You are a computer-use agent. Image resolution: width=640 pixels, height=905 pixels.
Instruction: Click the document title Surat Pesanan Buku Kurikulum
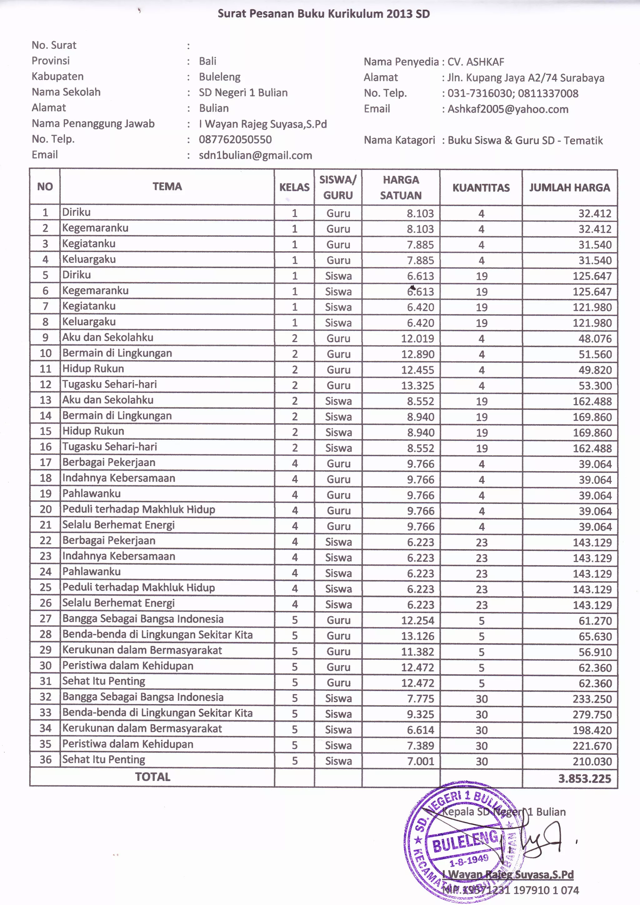pyautogui.click(x=323, y=14)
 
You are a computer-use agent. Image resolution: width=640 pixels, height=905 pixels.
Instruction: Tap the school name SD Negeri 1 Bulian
pyautogui.click(x=243, y=92)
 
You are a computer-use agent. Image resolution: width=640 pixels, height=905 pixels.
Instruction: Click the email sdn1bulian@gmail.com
pyautogui.click(x=255, y=155)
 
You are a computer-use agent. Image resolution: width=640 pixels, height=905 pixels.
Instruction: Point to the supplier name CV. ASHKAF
pyautogui.click(x=475, y=62)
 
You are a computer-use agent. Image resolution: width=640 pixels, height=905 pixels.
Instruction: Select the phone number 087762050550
pyautogui.click(x=235, y=140)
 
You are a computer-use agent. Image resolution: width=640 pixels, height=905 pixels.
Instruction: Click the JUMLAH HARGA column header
pyautogui.click(x=569, y=187)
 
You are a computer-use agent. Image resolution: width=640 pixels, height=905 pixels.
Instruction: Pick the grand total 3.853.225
pyautogui.click(x=584, y=778)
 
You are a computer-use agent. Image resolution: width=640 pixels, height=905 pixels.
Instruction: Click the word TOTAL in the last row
pyautogui.click(x=152, y=777)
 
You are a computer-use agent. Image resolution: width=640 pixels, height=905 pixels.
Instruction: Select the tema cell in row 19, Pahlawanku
pyautogui.click(x=92, y=493)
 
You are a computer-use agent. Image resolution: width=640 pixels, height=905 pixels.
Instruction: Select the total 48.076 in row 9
pyautogui.click(x=595, y=338)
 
